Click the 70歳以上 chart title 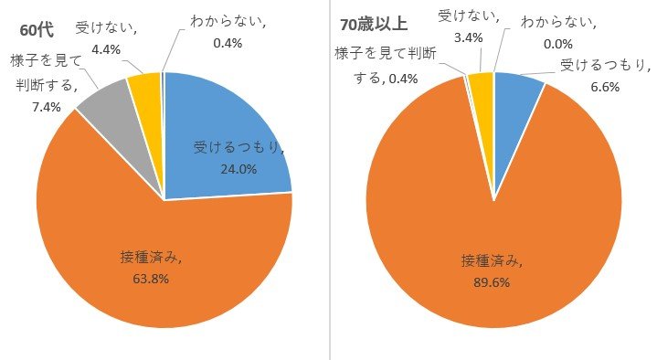point(374,22)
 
